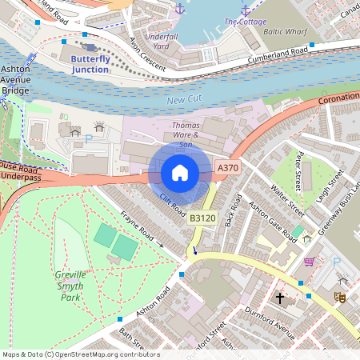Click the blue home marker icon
click(180, 173)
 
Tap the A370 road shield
click(227, 168)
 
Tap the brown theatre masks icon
click(339, 297)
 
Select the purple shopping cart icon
click(309, 262)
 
